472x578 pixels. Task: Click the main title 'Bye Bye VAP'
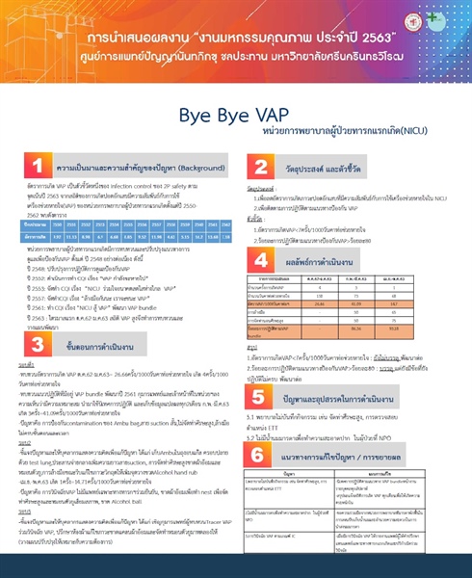234,115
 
